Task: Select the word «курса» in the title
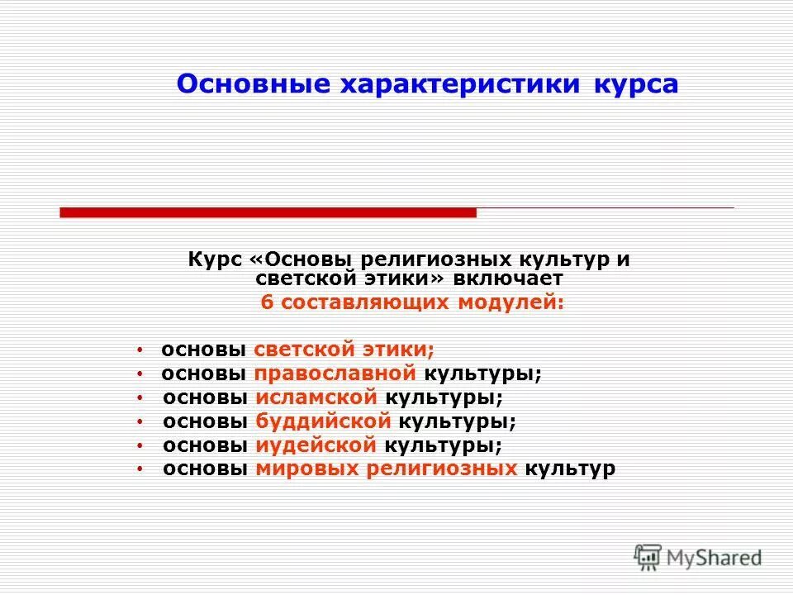[636, 85]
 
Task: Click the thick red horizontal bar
[268, 212]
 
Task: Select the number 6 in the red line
[266, 302]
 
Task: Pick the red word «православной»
[339, 374]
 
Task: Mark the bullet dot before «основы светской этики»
[140, 350]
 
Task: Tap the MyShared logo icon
[648, 557]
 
